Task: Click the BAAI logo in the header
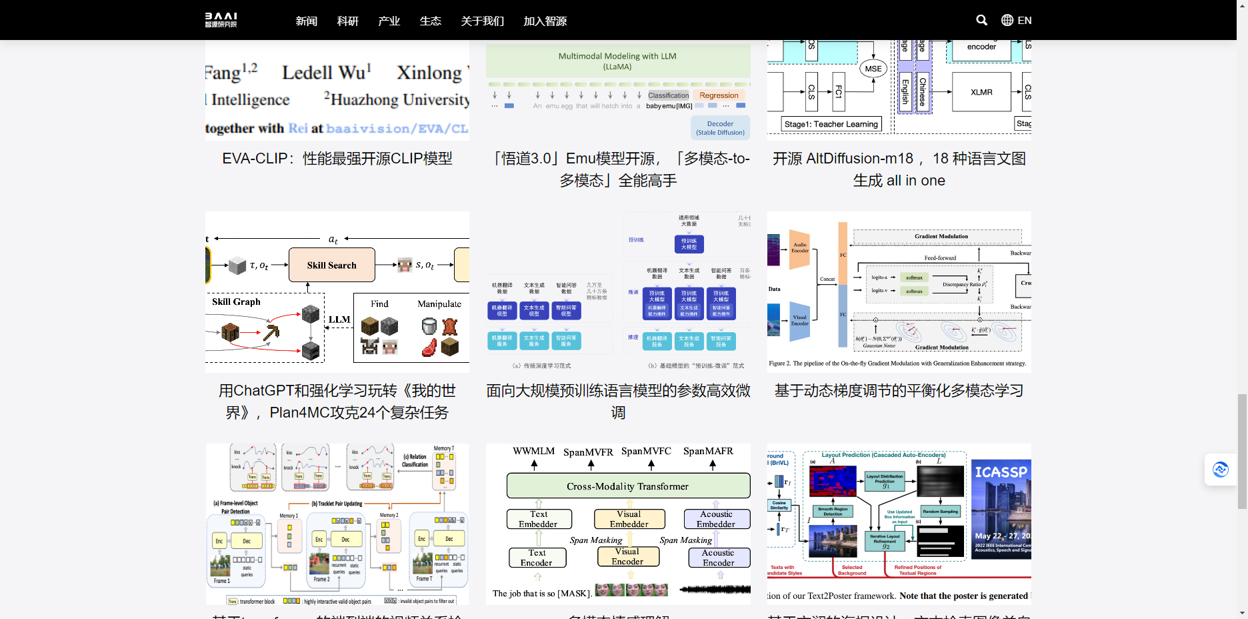click(221, 20)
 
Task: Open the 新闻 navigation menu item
click(306, 21)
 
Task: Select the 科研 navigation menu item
click(347, 21)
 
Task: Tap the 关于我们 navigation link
click(482, 21)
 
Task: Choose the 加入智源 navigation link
click(545, 21)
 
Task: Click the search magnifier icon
click(981, 20)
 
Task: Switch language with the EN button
click(1017, 20)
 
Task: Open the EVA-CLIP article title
click(337, 159)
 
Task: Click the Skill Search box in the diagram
click(331, 265)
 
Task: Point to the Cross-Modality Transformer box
click(627, 486)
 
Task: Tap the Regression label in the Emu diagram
click(719, 95)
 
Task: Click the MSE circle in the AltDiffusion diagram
click(873, 69)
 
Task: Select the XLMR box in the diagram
click(981, 92)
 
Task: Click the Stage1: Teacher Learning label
click(831, 124)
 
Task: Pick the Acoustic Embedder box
click(716, 519)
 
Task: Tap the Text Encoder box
click(537, 558)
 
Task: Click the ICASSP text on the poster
click(1001, 472)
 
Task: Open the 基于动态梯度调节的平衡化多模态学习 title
click(899, 391)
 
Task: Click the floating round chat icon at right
click(1220, 470)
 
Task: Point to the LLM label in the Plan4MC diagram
click(339, 320)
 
